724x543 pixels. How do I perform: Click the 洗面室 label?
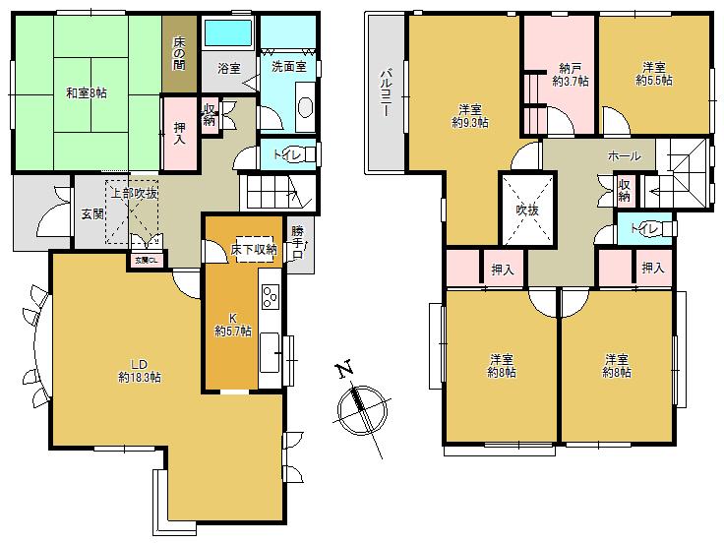(288, 70)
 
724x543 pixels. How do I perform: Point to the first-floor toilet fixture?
(308, 154)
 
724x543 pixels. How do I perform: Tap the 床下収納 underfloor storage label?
(254, 250)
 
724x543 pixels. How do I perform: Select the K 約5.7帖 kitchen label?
(233, 325)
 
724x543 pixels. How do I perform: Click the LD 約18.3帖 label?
(140, 370)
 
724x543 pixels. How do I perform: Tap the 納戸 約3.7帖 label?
(570, 76)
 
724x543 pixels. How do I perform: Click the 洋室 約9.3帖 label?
(468, 115)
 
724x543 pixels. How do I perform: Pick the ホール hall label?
(625, 156)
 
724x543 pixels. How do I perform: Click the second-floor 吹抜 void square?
(528, 210)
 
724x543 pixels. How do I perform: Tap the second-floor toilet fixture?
(664, 229)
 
